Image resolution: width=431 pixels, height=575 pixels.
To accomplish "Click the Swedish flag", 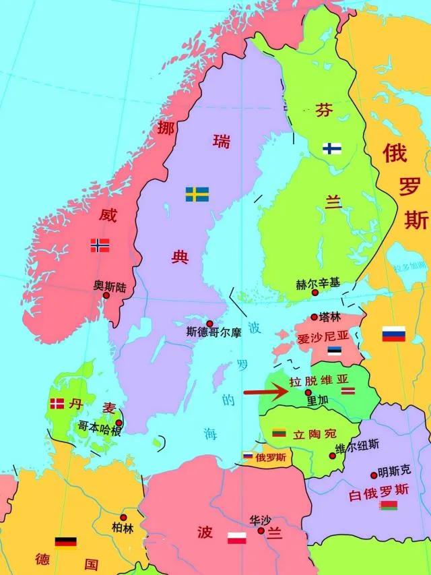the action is [197, 194].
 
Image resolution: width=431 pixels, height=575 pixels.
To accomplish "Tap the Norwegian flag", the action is [100, 245].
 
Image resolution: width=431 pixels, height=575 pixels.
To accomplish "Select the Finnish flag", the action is [331, 148].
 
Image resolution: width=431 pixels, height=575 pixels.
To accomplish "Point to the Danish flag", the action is [57, 404].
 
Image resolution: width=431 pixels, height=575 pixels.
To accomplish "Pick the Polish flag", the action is [236, 538].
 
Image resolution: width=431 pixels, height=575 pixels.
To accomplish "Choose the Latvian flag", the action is [348, 392].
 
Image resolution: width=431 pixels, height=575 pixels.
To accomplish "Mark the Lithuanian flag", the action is [279, 433].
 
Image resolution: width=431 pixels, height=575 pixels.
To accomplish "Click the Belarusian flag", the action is [388, 505].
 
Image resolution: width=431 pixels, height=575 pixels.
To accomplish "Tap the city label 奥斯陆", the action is [110, 285].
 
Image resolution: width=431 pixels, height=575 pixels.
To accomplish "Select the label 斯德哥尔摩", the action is [213, 332].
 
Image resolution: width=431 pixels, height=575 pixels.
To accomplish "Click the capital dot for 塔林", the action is [314, 317].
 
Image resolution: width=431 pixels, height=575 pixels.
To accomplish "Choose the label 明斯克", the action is [394, 469].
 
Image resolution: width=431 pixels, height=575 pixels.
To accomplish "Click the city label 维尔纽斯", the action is [357, 445].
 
